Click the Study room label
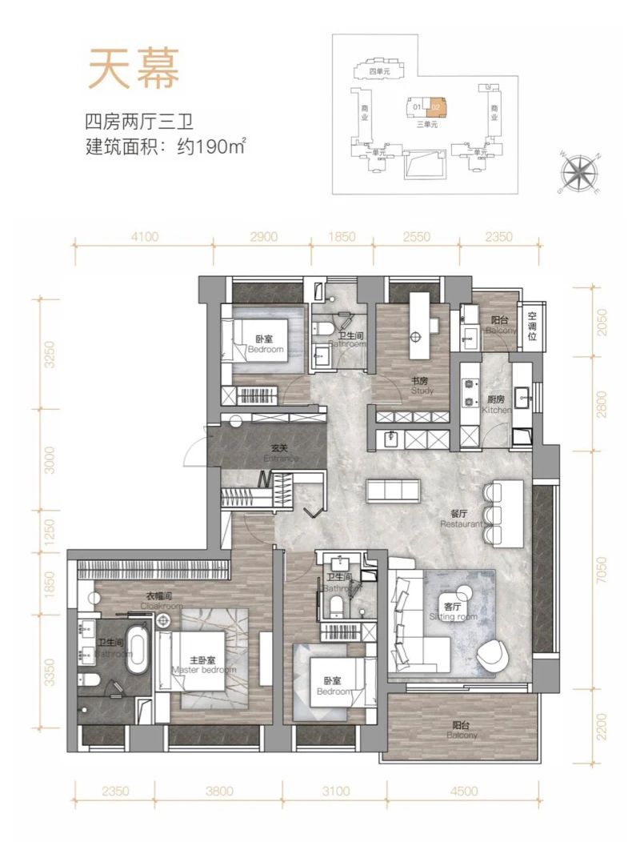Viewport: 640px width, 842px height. pos(422,387)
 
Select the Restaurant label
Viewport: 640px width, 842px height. pos(460,519)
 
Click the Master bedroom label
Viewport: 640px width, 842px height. pos(203,664)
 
